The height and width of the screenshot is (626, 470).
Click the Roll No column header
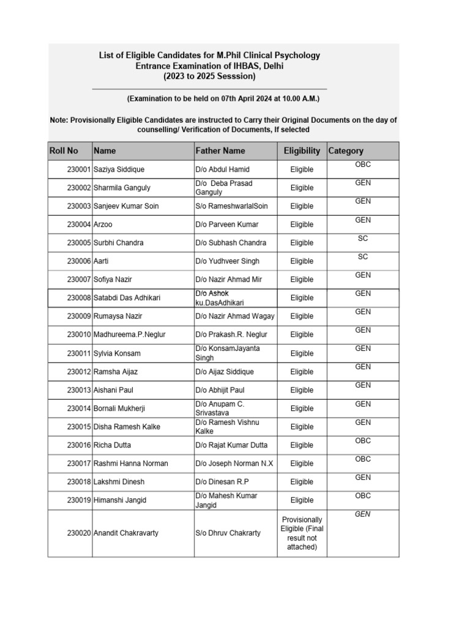[64, 151]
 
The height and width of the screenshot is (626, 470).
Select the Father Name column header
[220, 151]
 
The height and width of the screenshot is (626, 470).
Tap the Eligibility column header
[302, 151]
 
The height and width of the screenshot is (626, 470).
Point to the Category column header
[346, 151]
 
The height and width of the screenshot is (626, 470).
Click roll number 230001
[79, 169]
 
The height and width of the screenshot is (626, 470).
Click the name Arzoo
[103, 224]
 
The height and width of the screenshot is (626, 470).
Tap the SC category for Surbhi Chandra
[363, 238]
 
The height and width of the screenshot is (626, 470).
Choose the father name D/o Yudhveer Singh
[228, 261]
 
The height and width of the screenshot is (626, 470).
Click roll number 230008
[79, 298]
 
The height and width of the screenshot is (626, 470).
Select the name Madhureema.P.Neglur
[129, 334]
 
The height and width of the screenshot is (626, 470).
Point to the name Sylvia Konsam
[117, 353]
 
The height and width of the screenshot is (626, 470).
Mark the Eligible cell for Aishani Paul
[302, 390]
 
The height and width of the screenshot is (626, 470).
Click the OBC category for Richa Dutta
[363, 441]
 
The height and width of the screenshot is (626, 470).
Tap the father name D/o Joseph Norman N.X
[234, 463]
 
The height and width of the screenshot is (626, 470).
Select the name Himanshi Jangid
[120, 500]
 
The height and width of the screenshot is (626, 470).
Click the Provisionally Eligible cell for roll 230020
[302, 533]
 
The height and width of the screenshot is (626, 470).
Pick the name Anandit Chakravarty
[125, 533]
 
